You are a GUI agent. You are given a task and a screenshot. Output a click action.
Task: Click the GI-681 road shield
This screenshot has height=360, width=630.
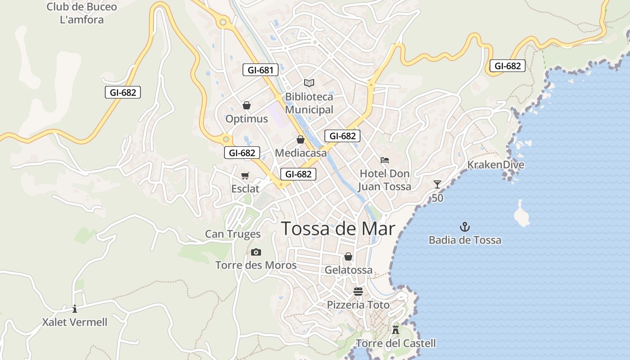(260, 70)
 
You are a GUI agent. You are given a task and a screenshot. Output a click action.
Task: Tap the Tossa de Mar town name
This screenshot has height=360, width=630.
(338, 229)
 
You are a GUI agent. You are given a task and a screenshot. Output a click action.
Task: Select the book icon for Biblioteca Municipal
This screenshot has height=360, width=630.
(309, 83)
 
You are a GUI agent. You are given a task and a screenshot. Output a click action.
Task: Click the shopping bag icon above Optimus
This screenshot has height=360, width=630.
(247, 105)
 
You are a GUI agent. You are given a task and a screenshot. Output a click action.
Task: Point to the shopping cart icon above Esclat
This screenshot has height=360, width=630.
(245, 175)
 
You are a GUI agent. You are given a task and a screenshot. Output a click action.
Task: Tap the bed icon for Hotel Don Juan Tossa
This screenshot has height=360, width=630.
(384, 160)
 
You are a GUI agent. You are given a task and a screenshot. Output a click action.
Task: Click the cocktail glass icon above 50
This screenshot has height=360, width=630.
(437, 184)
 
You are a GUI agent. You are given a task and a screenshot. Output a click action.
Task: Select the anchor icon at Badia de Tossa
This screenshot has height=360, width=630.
(464, 226)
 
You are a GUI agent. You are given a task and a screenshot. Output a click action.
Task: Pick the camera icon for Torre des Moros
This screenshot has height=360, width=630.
(256, 252)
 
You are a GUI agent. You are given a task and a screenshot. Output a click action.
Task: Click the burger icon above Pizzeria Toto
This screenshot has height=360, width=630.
(358, 291)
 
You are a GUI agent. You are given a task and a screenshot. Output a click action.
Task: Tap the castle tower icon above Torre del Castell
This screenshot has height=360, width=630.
(396, 329)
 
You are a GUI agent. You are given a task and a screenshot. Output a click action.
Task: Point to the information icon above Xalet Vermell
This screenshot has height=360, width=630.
(75, 309)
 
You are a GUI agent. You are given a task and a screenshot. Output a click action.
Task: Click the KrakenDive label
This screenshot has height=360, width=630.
(495, 165)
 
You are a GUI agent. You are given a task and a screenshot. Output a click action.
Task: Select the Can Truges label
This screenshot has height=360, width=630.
(233, 234)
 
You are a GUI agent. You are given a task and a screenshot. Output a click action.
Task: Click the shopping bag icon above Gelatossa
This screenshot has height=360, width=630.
(348, 256)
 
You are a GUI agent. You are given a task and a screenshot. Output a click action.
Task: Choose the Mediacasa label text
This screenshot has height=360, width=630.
(301, 153)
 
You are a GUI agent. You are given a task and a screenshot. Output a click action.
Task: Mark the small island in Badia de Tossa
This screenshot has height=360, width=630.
(522, 215)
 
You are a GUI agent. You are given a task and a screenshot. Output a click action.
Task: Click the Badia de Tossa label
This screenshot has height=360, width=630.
(465, 240)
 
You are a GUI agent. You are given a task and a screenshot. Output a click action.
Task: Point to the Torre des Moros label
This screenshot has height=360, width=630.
(256, 265)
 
